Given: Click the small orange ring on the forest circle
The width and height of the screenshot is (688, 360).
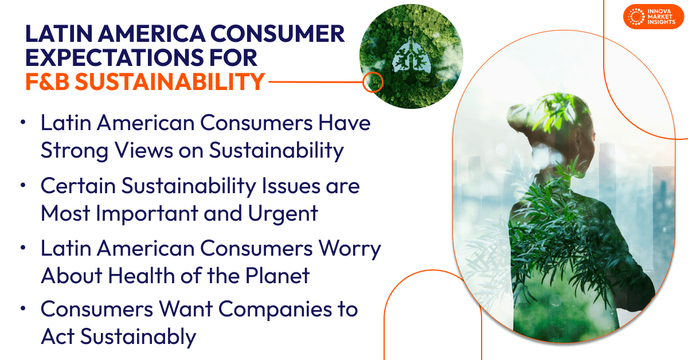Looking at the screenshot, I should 373,82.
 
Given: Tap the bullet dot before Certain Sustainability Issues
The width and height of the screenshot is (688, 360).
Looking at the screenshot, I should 22,186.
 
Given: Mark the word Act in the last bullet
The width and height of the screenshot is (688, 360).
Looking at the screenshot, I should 57,336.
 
